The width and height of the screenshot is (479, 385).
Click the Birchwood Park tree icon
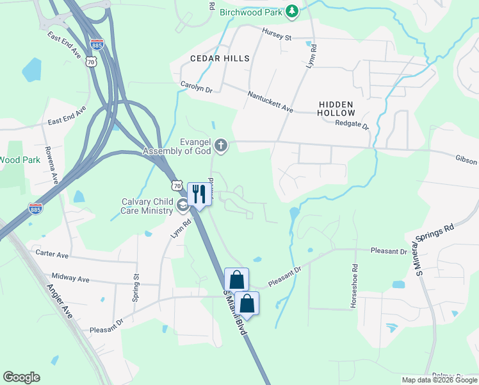(x=292, y=12)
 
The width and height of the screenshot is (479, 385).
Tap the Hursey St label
(x=277, y=35)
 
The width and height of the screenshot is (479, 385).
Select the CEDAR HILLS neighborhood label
(x=220, y=58)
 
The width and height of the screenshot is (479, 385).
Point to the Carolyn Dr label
(x=196, y=86)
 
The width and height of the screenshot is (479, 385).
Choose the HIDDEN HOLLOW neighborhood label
(x=336, y=108)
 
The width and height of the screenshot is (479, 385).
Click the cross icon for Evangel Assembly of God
(x=221, y=145)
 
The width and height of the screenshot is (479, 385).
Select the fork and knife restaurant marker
(x=199, y=194)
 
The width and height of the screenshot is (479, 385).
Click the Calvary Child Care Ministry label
(x=147, y=206)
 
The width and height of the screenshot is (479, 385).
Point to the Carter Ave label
(x=53, y=254)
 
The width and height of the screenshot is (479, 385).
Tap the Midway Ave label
(x=70, y=278)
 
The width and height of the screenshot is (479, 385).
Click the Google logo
(x=21, y=377)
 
